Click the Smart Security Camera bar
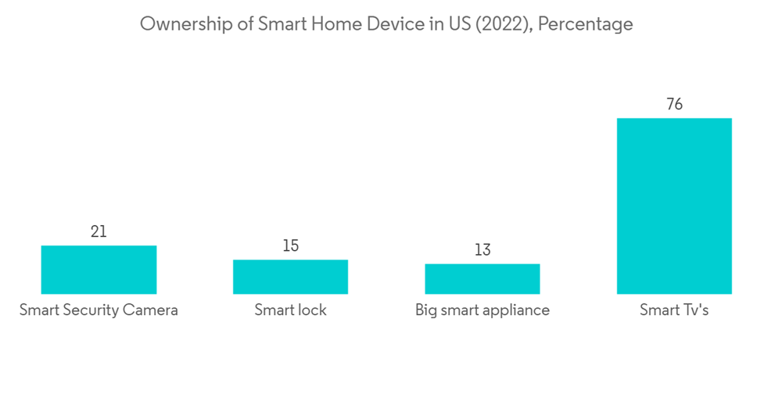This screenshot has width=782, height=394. [x=99, y=270]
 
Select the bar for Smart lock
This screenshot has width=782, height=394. [x=290, y=277]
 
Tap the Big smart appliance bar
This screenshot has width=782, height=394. [x=482, y=278]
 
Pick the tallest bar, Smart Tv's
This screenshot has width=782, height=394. [x=674, y=206]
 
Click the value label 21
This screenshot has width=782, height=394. [x=99, y=231]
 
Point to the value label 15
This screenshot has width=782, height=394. [x=290, y=245]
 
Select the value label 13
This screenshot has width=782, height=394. [x=482, y=249]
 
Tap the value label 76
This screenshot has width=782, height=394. [x=674, y=104]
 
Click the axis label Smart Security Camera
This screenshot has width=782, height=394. [x=99, y=310]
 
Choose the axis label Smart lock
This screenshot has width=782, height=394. [x=290, y=310]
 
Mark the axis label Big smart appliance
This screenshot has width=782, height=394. [x=482, y=310]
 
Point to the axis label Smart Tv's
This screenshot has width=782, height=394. [x=674, y=310]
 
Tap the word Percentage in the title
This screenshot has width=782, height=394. [x=586, y=25]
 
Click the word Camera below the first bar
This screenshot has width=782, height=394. [x=151, y=310]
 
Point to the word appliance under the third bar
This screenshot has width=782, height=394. [x=517, y=310]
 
